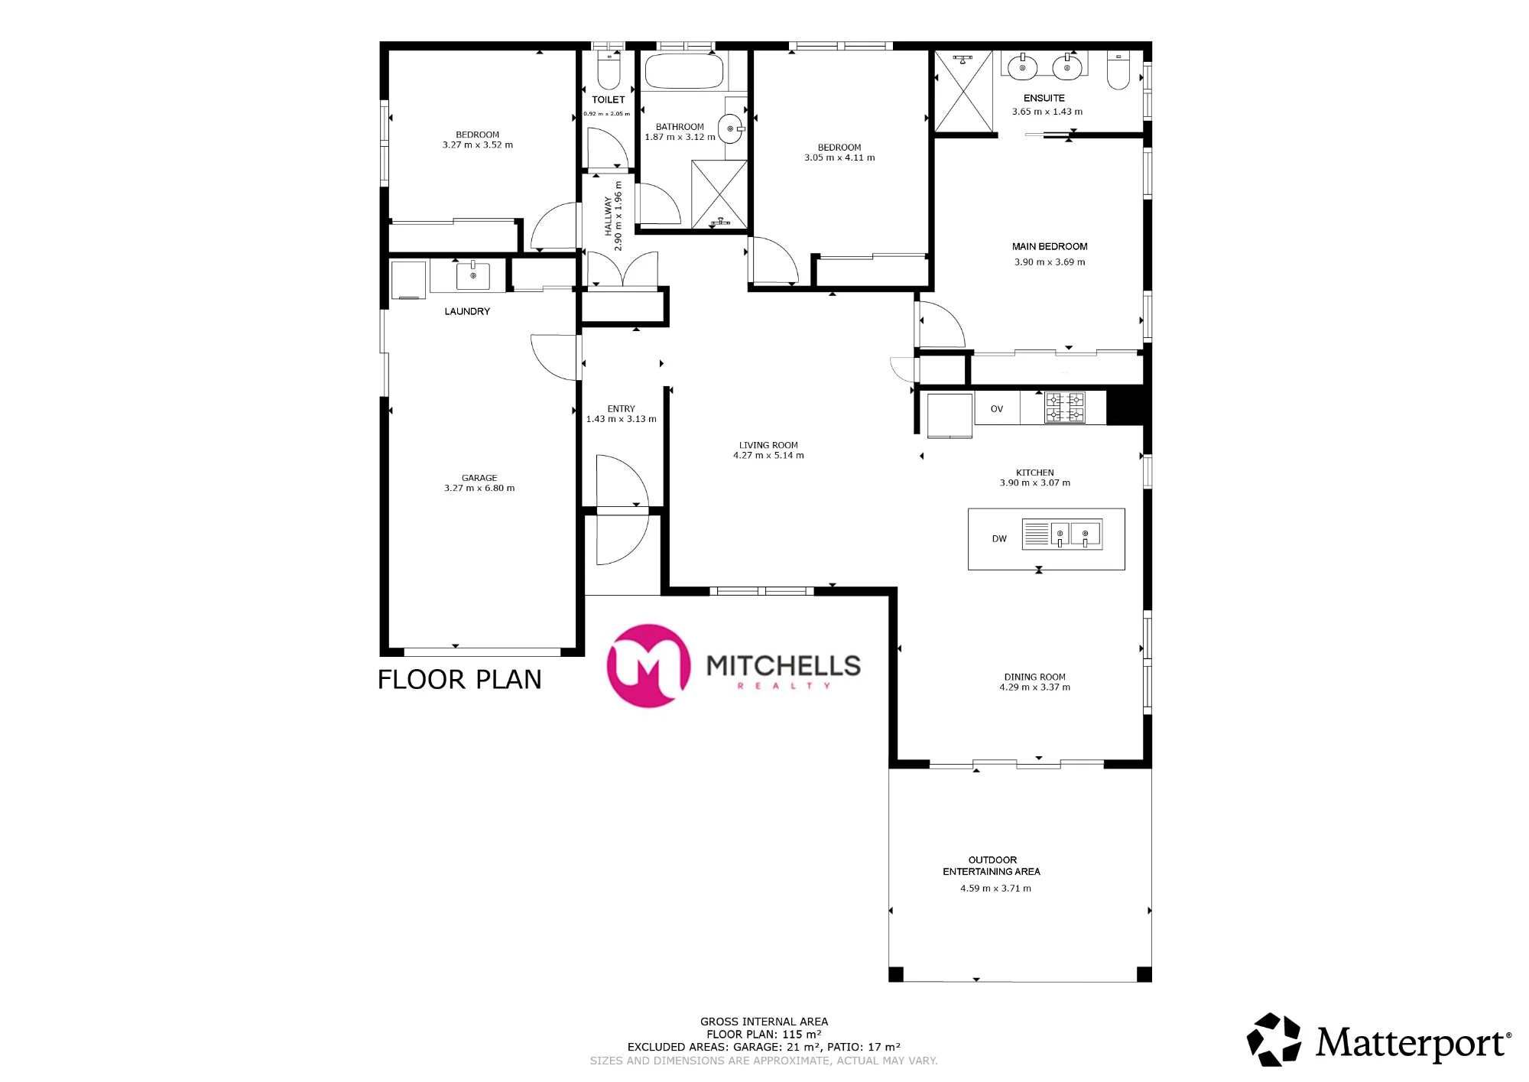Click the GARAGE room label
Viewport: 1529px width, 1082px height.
coord(479,478)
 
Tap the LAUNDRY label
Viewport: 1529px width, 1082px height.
coord(467,311)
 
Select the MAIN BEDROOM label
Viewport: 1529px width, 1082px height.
coord(1050,246)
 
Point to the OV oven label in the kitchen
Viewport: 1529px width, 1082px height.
coord(997,409)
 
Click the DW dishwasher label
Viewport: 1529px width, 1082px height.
coord(999,539)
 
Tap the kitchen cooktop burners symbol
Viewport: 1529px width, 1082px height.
coord(1065,408)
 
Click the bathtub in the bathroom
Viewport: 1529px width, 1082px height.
coord(683,71)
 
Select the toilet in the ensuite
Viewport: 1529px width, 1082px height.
coord(1118,70)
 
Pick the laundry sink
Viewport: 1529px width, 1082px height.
coord(472,275)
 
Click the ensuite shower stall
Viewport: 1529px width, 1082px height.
coord(963,92)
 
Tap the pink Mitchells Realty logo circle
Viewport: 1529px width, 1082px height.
coord(648,666)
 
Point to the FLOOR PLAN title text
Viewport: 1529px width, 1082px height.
coord(459,680)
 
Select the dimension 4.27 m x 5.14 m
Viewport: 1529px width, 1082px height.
coord(768,456)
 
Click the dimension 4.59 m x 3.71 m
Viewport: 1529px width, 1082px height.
coord(995,889)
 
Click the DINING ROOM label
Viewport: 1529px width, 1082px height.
coord(1034,677)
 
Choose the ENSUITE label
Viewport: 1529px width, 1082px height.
coord(1044,98)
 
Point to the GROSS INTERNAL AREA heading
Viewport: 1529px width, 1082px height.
coord(764,1022)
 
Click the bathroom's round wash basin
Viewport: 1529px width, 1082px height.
coord(730,128)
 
